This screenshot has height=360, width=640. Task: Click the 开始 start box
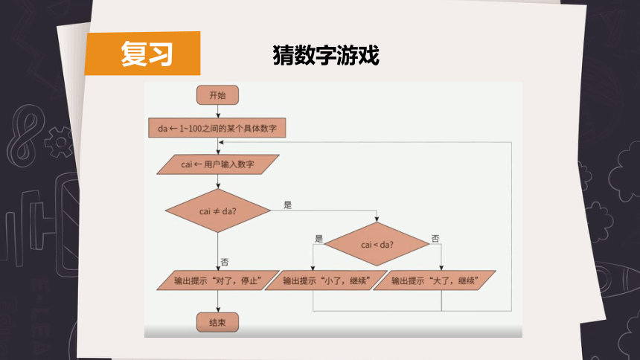tap(217, 95)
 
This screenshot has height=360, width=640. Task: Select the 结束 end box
tap(217, 323)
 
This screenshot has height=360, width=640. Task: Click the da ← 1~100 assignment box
tap(217, 128)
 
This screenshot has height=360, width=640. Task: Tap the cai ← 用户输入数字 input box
tap(218, 164)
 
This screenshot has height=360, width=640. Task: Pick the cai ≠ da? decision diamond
tap(218, 210)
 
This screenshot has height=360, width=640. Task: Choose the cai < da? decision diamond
tap(377, 245)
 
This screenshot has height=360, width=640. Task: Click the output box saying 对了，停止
tap(218, 280)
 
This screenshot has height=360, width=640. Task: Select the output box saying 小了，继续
tap(326, 280)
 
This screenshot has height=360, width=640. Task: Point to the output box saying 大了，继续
tap(435, 280)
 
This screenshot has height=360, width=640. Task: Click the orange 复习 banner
tap(142, 54)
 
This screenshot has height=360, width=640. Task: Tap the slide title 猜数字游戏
tap(326, 55)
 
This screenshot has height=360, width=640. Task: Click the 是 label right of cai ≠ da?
tap(288, 205)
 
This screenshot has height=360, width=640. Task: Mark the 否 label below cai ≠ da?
tap(225, 262)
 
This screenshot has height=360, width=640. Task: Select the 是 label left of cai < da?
tap(319, 239)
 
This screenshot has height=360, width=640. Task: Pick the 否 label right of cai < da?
tap(435, 238)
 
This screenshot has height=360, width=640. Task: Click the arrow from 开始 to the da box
tap(218, 112)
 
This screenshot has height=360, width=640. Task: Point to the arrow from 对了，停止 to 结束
tap(218, 302)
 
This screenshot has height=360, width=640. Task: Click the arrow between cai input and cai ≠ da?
tap(218, 181)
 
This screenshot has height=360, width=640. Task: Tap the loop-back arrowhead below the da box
tap(221, 143)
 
